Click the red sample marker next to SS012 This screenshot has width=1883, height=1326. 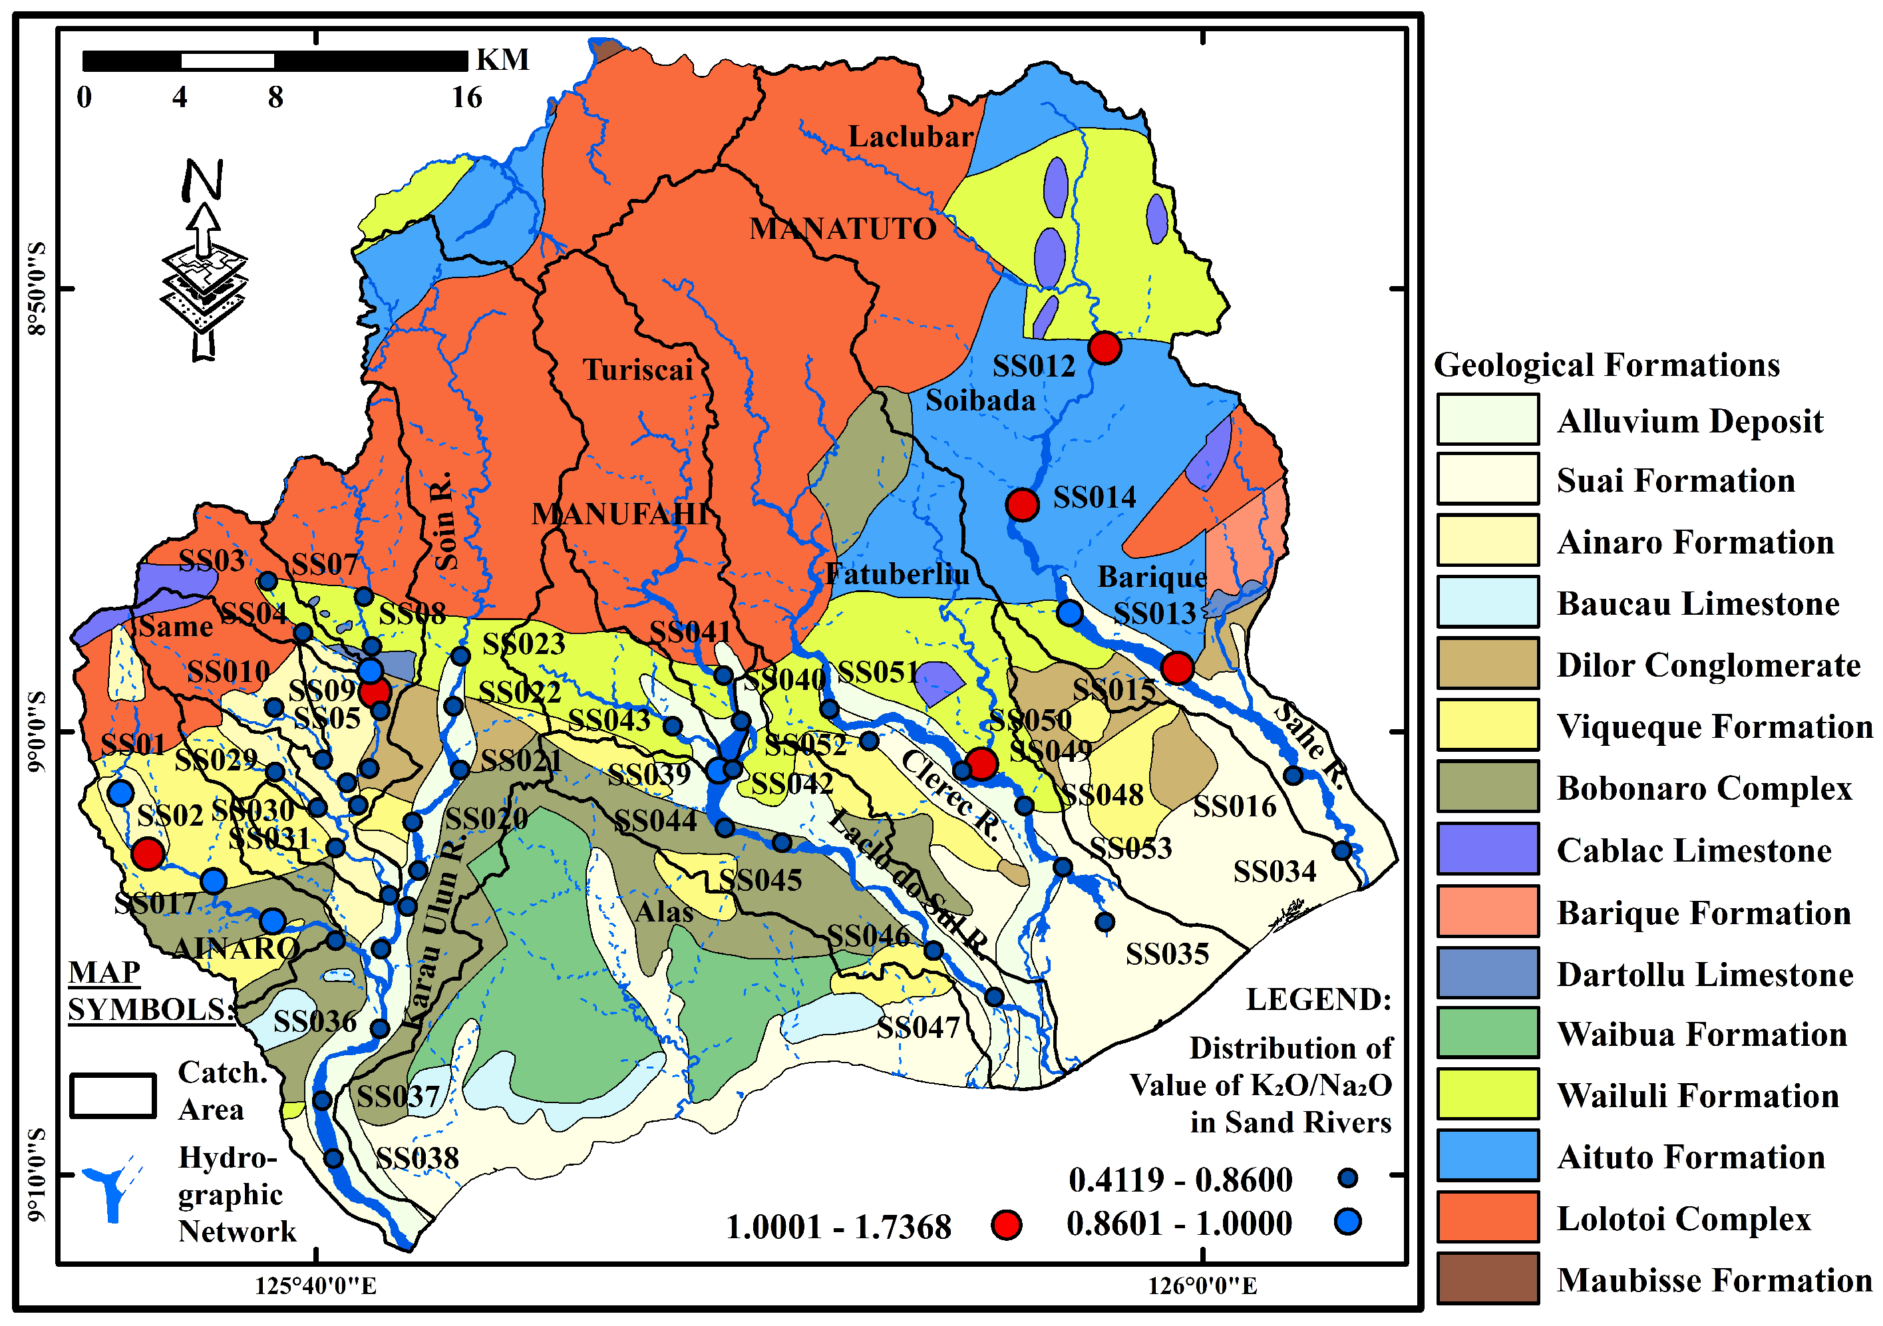tap(1105, 348)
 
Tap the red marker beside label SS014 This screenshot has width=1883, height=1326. tap(1023, 504)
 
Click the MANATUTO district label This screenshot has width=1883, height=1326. tap(842, 229)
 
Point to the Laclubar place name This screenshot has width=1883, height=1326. tap(910, 136)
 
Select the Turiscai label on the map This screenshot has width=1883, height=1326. tap(638, 370)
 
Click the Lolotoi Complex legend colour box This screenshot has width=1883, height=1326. tap(1487, 1218)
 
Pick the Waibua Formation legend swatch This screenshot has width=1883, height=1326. tap(1487, 1033)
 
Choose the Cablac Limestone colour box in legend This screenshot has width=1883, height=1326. tap(1487, 850)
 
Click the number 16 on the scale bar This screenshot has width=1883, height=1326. tap(466, 98)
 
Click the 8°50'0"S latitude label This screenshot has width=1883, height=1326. tap(37, 289)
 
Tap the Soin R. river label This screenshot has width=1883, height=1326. tap(444, 521)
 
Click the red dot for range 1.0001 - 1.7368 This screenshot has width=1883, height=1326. tap(1006, 1225)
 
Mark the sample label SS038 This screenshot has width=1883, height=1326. tap(417, 1158)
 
